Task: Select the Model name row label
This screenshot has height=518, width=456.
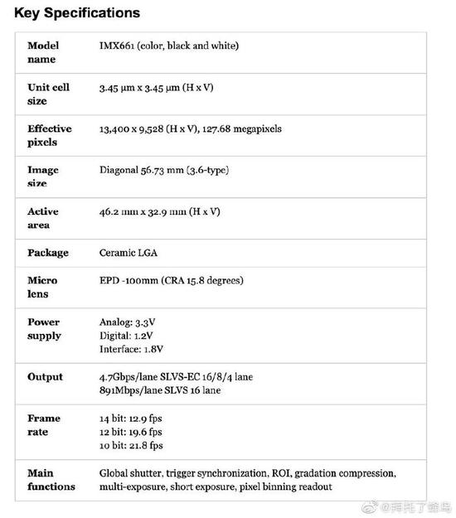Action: point(42,52)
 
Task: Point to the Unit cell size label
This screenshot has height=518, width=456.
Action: point(48,94)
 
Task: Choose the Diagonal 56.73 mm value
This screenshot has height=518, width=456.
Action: point(163,170)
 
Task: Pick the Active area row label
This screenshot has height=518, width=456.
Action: point(43,218)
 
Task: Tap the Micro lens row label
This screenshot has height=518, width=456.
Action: point(42,287)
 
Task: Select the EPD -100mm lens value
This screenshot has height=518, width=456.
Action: point(171,280)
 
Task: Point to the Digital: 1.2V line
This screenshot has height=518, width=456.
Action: point(125,336)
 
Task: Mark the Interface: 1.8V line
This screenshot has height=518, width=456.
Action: point(133,349)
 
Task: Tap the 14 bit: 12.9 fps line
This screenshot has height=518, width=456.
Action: point(130,419)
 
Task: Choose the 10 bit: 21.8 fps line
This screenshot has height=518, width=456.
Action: point(130,446)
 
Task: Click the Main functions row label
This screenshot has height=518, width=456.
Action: point(51,480)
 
